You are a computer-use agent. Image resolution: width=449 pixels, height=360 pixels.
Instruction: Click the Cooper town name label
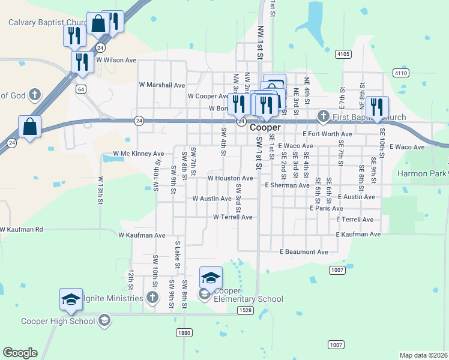coord(265,128)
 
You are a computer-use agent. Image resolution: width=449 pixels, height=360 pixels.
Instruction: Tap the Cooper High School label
coord(58,321)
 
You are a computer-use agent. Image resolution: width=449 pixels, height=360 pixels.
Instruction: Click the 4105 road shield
coord(343,54)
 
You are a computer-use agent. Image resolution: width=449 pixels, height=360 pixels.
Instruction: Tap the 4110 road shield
coord(401,73)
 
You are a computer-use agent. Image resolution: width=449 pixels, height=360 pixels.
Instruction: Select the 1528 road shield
coord(245,310)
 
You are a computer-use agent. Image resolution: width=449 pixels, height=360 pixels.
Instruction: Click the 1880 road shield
coord(184,332)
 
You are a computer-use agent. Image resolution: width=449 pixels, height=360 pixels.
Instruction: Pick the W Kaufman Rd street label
coord(22,229)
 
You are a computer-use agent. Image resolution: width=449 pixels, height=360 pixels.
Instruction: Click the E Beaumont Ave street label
coord(304,252)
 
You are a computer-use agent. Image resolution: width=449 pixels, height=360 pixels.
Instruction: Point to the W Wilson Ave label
coord(116,60)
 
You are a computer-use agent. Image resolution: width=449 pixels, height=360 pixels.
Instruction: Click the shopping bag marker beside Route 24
coord(29,127)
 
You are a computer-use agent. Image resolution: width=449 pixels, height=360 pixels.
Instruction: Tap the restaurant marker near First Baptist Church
coord(377,107)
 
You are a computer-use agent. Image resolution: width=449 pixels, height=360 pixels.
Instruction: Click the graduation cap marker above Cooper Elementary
coord(211,277)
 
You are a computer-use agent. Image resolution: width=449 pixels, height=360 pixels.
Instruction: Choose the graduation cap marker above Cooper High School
coord(71,299)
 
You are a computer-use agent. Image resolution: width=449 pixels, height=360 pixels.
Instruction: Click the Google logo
coord(20,353)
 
